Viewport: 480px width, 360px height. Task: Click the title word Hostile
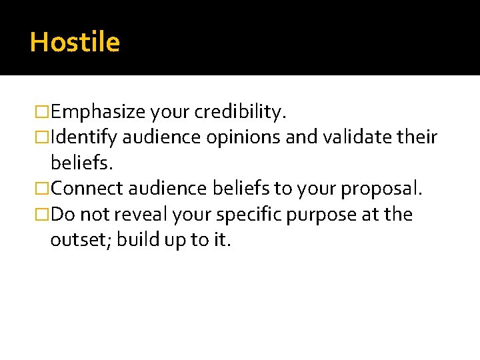pyautogui.click(x=75, y=43)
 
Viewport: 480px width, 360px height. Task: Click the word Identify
pyautogui.click(x=83, y=138)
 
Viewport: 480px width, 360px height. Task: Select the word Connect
pyautogui.click(x=87, y=189)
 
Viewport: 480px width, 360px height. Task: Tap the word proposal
pyautogui.click(x=381, y=189)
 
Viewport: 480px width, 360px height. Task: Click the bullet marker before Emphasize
pyautogui.click(x=43, y=112)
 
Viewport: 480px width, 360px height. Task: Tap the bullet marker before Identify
pyautogui.click(x=43, y=138)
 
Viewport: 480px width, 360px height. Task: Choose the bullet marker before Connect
pyautogui.click(x=43, y=189)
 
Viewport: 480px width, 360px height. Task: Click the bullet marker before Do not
pyautogui.click(x=43, y=215)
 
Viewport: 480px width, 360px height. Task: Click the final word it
pyautogui.click(x=221, y=240)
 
